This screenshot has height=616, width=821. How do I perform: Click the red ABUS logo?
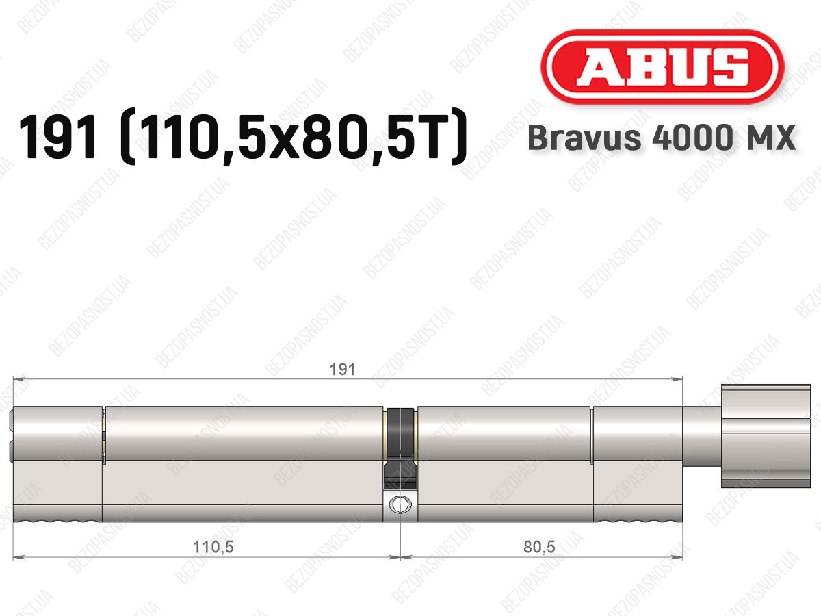pyautogui.click(x=662, y=67)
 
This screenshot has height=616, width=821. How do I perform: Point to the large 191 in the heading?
pyautogui.click(x=57, y=138)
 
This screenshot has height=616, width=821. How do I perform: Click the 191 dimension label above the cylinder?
pyautogui.click(x=342, y=370)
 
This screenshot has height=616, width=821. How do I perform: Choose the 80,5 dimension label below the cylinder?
pyautogui.click(x=539, y=547)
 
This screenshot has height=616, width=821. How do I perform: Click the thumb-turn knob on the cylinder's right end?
pyautogui.click(x=766, y=436)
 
